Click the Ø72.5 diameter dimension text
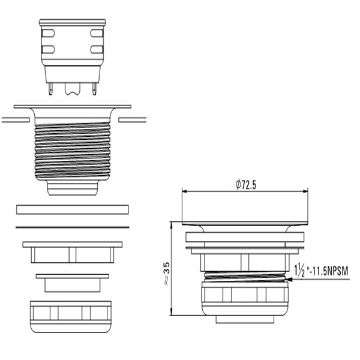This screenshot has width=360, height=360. [245, 185]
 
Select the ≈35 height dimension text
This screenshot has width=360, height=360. [167, 274]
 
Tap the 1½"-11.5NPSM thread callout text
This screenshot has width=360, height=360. [322, 271]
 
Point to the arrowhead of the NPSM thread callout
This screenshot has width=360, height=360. [289, 280]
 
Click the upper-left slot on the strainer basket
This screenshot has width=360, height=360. [48, 33]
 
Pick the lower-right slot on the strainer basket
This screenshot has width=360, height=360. [97, 49]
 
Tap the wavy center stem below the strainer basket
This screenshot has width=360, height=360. [73, 89]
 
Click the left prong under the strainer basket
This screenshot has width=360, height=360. [50, 89]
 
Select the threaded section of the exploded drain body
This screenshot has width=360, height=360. [73, 151]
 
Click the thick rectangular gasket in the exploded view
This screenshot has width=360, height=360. [73, 209]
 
